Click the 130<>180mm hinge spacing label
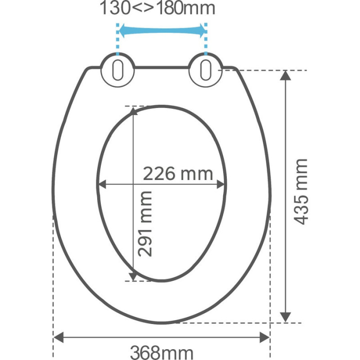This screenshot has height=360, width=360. click(157, 8)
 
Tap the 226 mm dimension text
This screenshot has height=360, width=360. click(178, 174)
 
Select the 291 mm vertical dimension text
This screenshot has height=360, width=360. click(145, 224)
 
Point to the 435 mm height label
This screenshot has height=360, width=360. click(301, 192)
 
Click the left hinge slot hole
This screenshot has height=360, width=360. click(118, 70)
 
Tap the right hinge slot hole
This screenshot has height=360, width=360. click(206, 70)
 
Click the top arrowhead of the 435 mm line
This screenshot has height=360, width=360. click(285, 76)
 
